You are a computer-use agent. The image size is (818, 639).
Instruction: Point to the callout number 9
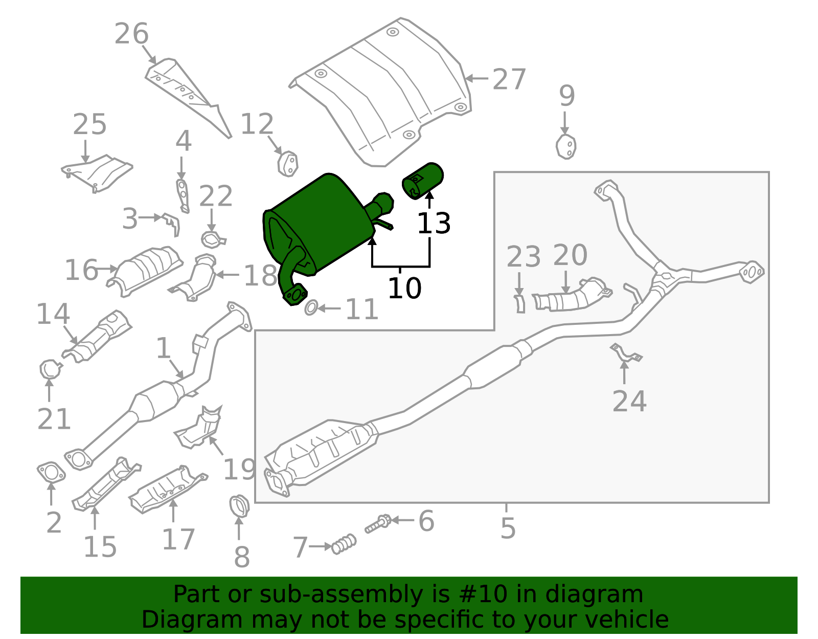566,96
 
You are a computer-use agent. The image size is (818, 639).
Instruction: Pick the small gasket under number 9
566,147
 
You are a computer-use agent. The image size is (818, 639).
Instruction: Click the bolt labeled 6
378,523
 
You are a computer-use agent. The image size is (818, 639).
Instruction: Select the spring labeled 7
344,544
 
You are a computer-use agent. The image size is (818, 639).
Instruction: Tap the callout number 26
131,34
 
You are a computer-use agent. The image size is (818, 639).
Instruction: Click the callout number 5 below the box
508,528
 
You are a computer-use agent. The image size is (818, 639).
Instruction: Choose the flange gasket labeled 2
51,472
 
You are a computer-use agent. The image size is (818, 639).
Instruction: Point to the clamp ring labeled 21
50,369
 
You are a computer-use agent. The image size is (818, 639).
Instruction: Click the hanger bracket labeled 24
626,354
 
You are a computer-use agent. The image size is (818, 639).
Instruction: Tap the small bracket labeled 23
519,303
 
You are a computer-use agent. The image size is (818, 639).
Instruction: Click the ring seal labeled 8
239,506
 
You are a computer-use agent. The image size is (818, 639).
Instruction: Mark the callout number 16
81,270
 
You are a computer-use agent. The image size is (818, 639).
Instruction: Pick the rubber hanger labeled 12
288,164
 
